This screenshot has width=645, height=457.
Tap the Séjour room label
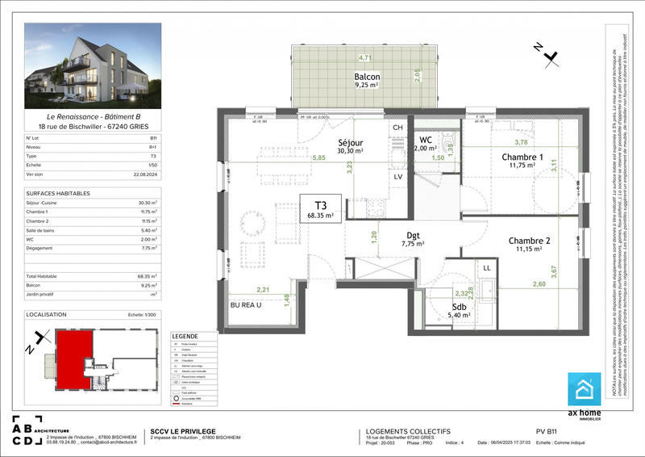click(x=352, y=145)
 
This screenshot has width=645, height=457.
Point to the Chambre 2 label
click(x=529, y=245)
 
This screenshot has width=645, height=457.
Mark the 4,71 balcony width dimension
click(x=364, y=58)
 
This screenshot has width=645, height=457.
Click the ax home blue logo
click(x=585, y=390)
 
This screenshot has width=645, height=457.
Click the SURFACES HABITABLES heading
click(x=58, y=194)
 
